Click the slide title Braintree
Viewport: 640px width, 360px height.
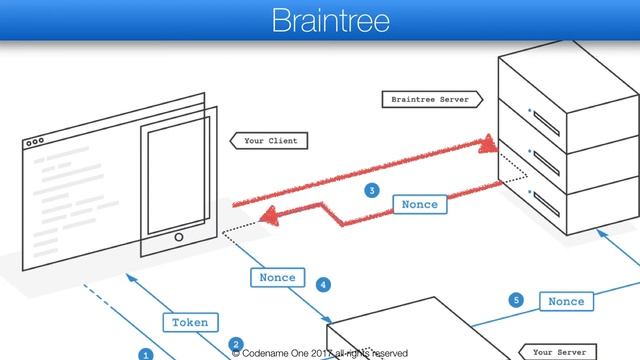tap(320, 21)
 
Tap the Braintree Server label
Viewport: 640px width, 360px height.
tap(429, 100)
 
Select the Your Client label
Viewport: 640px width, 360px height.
tap(270, 141)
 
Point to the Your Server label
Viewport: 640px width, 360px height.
tap(559, 352)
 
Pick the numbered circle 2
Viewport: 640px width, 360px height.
tap(236, 344)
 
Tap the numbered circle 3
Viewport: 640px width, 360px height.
tap(372, 190)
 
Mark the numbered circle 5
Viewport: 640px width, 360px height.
tap(516, 299)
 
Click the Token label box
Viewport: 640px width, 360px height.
tap(189, 322)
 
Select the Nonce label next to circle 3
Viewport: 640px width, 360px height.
tap(419, 204)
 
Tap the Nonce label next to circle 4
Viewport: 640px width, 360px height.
tap(277, 277)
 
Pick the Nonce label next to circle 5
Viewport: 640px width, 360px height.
tap(566, 300)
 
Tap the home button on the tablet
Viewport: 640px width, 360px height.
tap(179, 238)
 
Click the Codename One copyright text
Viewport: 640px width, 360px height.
tap(320, 353)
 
